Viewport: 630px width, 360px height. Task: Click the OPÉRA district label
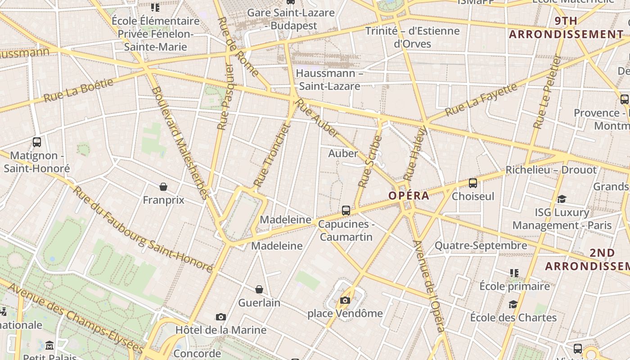coord(409,196)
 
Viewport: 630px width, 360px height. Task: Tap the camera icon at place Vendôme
coord(345,300)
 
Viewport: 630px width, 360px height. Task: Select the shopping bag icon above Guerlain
coord(259,289)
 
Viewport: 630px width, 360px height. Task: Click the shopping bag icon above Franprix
coord(163,186)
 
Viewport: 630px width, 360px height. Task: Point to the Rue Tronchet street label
coord(271,155)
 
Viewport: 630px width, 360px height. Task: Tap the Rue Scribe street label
coord(370,162)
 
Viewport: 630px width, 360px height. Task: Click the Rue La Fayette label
coord(481,99)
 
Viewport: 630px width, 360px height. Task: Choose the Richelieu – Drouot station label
coord(551,170)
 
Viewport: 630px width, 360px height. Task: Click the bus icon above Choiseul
coord(473,183)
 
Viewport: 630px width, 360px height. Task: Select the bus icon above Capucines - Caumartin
coord(346,210)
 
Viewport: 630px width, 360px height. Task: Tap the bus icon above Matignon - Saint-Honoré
coord(37,142)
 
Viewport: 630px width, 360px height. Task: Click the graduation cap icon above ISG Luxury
coord(562,199)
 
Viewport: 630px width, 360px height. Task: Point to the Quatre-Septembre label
coord(481,246)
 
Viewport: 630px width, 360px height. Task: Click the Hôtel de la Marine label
coord(221,330)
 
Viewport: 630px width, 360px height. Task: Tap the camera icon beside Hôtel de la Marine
coord(220,317)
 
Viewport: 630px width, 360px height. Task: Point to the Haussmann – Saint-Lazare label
coord(330,80)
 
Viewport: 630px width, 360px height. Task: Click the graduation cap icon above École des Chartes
coord(513,305)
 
